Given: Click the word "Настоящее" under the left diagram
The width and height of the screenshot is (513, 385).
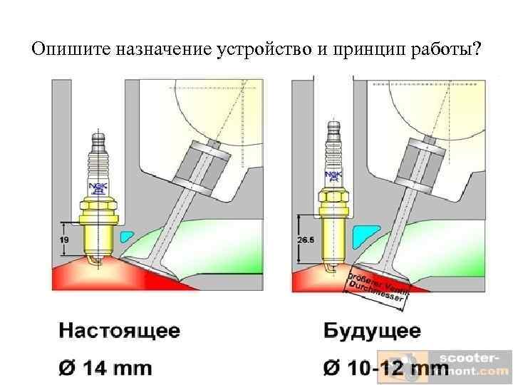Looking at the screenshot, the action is point(119,332).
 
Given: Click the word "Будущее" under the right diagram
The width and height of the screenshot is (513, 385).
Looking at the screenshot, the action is point(372,332).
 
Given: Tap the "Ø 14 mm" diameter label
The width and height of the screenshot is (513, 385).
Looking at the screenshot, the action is point(105,368).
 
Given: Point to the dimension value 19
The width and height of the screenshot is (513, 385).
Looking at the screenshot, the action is point(64,240).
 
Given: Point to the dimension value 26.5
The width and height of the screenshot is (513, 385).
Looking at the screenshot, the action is point(305,240).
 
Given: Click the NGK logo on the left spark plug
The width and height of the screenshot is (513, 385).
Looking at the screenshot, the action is point(98,188).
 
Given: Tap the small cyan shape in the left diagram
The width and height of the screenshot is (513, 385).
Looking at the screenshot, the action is point(128,236).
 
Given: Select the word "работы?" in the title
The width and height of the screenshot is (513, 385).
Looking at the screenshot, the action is point(447,51).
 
